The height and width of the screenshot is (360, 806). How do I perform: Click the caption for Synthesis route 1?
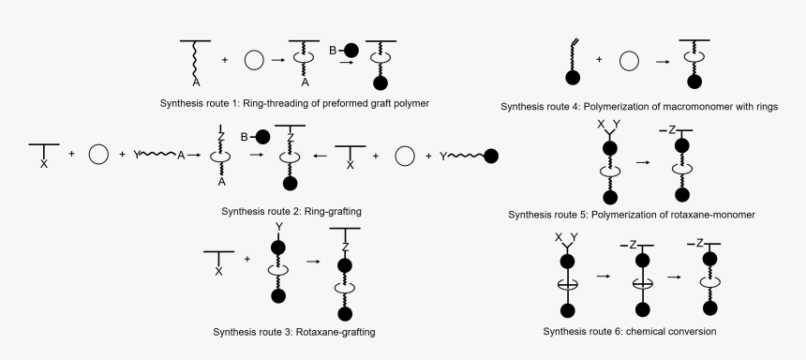[x=294, y=101]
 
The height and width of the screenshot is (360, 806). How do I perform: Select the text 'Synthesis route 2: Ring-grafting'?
[x=291, y=212]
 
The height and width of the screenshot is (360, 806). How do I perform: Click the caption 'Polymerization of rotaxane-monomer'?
[x=673, y=215]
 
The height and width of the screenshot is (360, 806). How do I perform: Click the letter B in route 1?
[x=335, y=47]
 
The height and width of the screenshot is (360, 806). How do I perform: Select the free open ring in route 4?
[x=629, y=62]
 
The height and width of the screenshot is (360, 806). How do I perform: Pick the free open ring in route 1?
[x=254, y=61]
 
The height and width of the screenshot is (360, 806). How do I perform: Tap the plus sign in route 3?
[x=247, y=260]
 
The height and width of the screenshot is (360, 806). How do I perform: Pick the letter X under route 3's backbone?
[x=218, y=272]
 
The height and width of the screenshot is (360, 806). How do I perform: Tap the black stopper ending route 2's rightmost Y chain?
[x=493, y=156]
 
